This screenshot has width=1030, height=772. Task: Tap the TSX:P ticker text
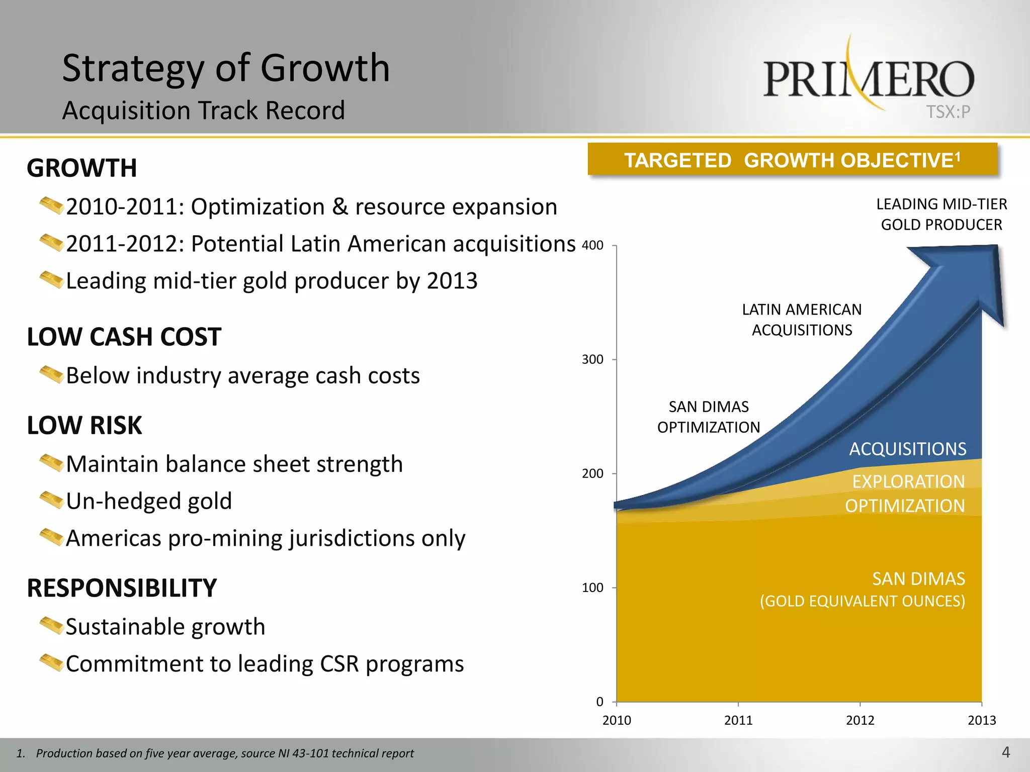[948, 112]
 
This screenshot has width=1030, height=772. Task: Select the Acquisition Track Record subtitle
[204, 111]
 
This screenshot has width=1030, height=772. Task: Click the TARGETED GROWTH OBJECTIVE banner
[792, 160]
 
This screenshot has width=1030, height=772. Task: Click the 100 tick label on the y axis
[592, 588]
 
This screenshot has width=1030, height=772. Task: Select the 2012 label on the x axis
[860, 720]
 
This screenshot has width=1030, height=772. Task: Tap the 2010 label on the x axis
[617, 720]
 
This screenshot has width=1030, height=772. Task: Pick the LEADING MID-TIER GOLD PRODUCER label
[941, 214]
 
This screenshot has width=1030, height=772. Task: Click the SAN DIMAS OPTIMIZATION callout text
[708, 417]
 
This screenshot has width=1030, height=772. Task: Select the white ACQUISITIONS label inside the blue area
[907, 449]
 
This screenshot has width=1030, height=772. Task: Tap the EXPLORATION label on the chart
[908, 481]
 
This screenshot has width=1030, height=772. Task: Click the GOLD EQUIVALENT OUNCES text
[862, 601]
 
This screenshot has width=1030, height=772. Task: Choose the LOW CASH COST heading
[124, 337]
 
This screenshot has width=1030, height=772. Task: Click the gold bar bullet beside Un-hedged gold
[51, 500]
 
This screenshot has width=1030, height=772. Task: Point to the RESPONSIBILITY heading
[122, 588]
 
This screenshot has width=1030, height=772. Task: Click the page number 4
[1005, 752]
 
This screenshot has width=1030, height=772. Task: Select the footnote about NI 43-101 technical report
[215, 753]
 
